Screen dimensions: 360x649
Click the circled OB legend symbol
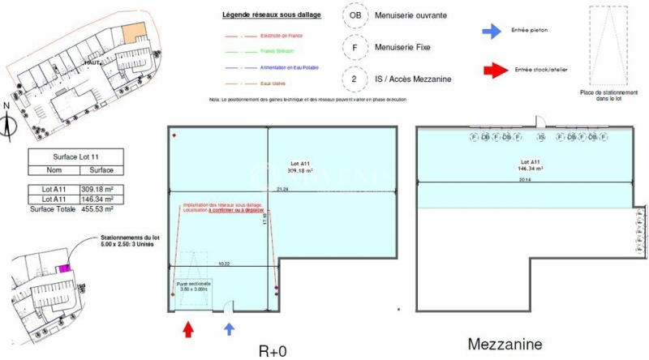tap(354, 15)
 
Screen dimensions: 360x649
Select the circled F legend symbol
tap(354, 47)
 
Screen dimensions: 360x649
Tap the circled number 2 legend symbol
tap(354, 79)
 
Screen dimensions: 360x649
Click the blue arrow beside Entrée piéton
tap(491, 31)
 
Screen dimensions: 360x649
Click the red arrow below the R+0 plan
tap(189, 329)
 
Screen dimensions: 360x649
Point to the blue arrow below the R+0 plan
tap(230, 328)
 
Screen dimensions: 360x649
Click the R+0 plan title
tap(274, 350)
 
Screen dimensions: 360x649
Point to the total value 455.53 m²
tap(96, 208)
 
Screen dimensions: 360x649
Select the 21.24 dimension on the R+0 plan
tap(282, 189)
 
